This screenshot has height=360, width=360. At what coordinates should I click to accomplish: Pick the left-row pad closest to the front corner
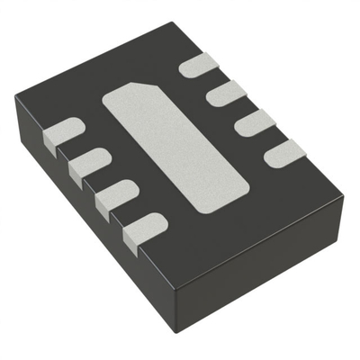point(139,224)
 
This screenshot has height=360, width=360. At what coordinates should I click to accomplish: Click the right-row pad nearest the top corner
point(198,65)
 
